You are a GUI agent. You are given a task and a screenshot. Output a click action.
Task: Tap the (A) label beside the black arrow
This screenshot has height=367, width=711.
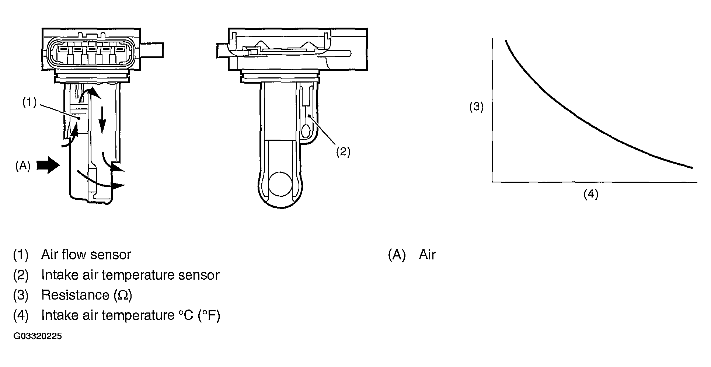(x=22, y=166)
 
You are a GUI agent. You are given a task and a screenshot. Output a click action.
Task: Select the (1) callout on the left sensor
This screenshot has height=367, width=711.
(x=29, y=102)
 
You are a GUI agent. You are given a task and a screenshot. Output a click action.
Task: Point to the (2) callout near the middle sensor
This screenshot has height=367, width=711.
(x=343, y=151)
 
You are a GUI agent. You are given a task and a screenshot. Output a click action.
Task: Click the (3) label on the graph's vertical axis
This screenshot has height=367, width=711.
(x=476, y=107)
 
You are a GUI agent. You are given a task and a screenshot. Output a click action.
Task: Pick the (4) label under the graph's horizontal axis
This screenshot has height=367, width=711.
(x=590, y=194)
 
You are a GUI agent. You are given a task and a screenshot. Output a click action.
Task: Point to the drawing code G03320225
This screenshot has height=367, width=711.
(x=38, y=336)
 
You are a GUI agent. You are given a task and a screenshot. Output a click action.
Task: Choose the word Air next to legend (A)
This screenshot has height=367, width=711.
(x=427, y=255)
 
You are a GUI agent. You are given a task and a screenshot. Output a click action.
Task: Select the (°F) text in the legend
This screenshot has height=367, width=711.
(x=209, y=315)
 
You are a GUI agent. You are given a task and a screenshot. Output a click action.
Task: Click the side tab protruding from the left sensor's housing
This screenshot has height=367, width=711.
(x=151, y=49)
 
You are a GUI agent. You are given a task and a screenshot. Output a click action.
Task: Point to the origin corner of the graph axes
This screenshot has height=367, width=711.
(x=492, y=182)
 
